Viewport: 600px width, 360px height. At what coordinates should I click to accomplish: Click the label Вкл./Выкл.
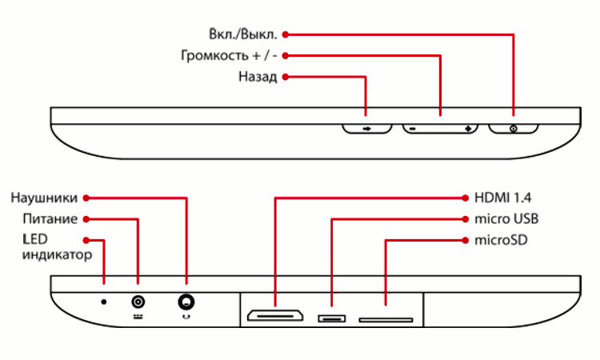click(x=239, y=34)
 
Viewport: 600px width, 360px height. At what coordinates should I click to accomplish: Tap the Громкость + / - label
click(x=228, y=56)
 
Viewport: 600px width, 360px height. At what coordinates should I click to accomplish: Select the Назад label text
click(x=258, y=78)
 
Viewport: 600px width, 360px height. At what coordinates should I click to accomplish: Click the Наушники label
click(x=44, y=198)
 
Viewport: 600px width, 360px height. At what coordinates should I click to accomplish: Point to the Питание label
click(x=50, y=218)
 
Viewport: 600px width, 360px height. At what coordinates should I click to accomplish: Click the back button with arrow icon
click(x=366, y=128)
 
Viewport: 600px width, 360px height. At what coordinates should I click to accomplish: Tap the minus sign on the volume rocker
click(x=413, y=128)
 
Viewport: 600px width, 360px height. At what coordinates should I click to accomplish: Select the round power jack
click(x=138, y=302)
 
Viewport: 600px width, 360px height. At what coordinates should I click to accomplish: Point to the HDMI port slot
click(x=274, y=317)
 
